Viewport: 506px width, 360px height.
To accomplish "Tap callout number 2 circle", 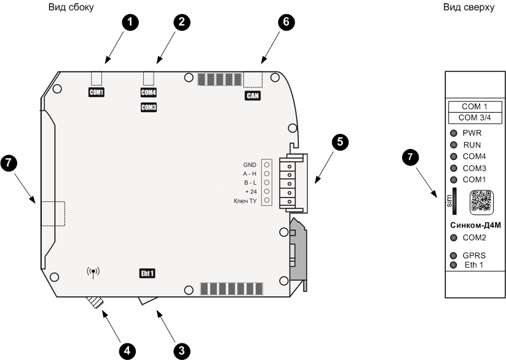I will (181, 22).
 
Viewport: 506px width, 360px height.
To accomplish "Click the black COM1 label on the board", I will (96, 93).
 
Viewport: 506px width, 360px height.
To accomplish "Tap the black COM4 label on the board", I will (149, 93).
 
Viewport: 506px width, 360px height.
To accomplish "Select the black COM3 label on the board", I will (149, 108).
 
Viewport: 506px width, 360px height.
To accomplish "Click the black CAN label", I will (253, 96).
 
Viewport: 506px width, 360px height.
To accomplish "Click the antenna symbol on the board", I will (93, 271).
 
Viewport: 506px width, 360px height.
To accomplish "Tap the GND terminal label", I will (249, 165).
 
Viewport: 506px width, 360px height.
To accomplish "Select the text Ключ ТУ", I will (245, 201).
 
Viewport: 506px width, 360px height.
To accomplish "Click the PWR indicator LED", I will (454, 134).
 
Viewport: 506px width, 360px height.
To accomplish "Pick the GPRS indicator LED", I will (454, 255).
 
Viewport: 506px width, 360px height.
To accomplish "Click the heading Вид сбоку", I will (71, 7).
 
